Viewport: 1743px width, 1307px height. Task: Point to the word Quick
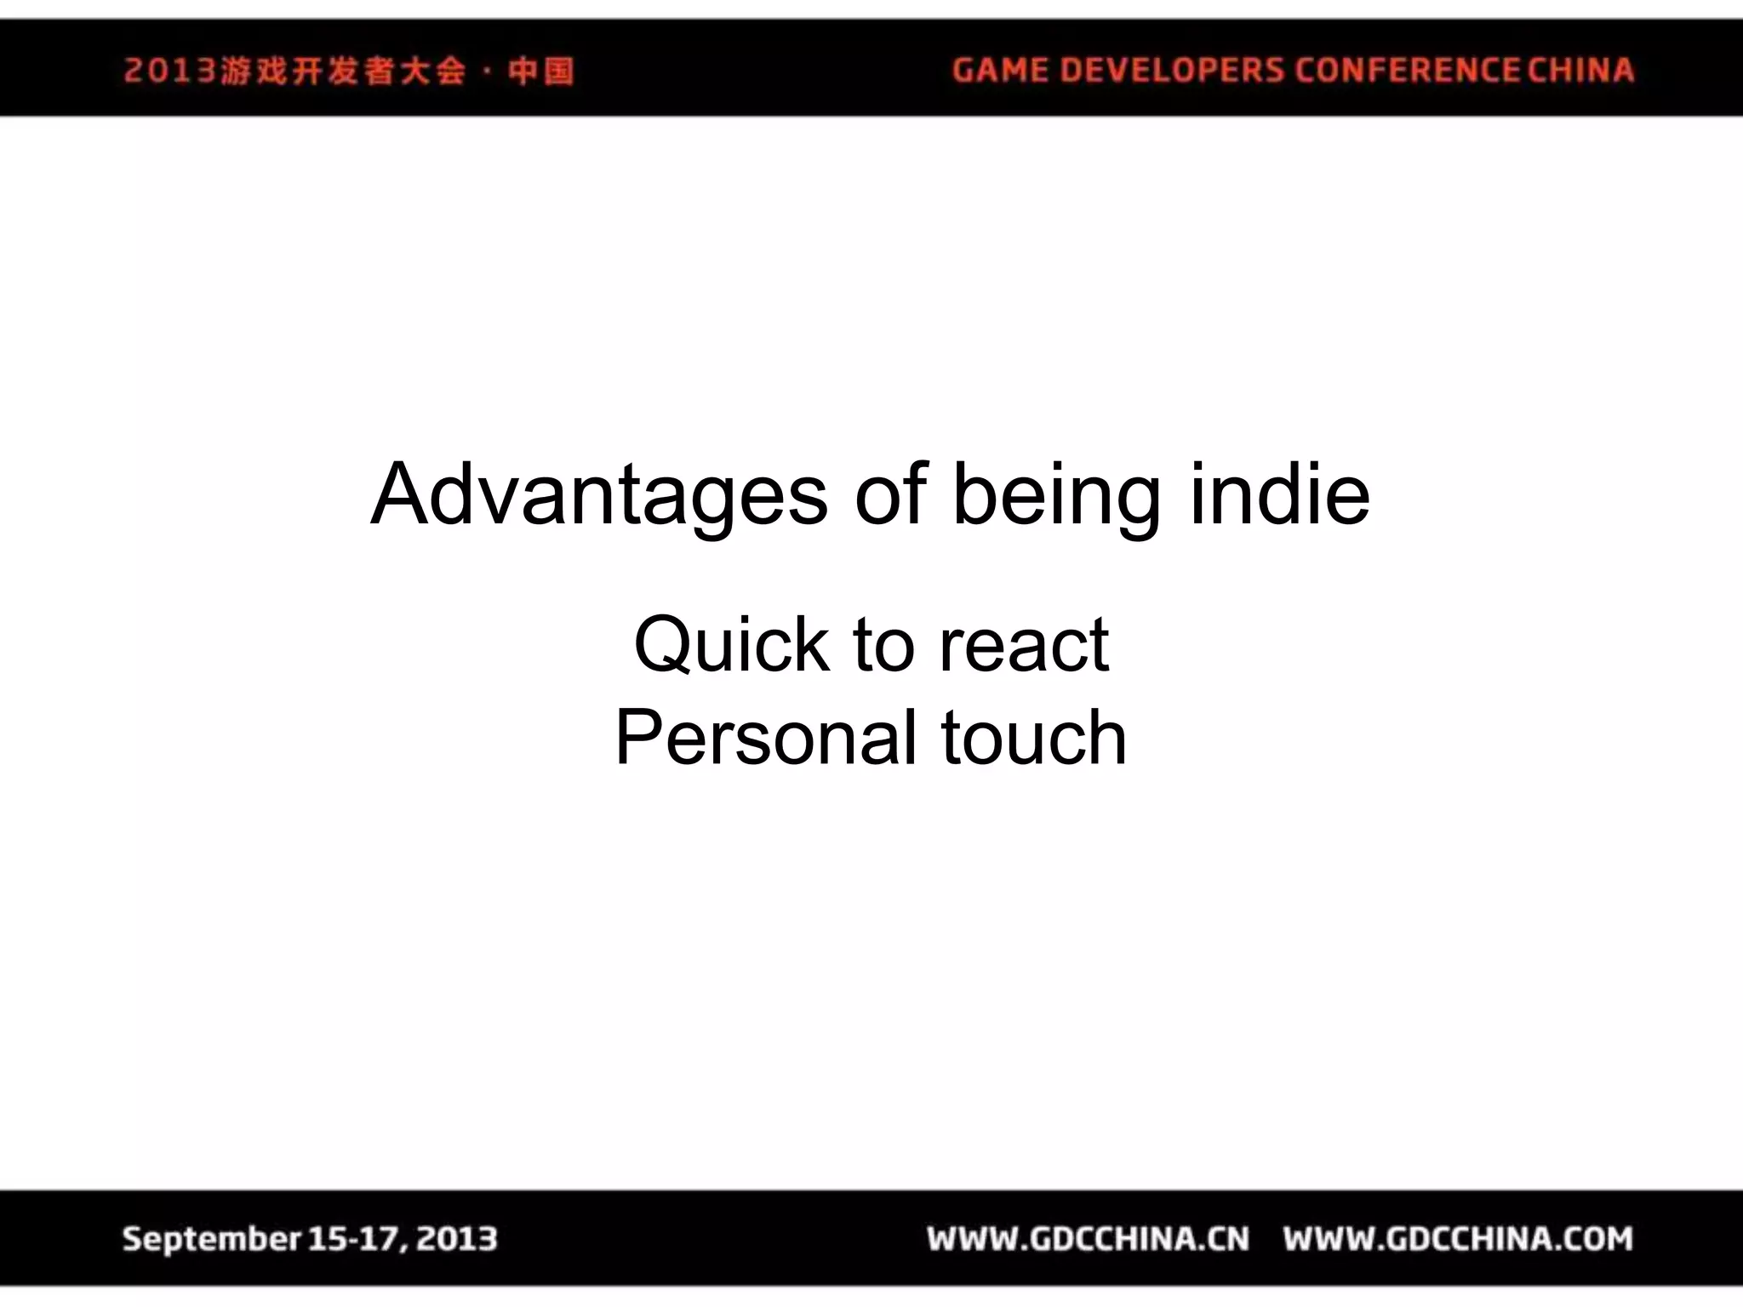[732, 645]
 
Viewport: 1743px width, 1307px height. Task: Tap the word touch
[1034, 738]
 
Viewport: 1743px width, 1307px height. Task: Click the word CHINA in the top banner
[1580, 70]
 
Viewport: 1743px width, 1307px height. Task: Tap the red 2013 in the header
[170, 71]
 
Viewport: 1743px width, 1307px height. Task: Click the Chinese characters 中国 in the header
[541, 71]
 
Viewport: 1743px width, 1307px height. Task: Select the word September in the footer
[211, 1239]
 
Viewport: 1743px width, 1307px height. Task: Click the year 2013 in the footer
[457, 1239]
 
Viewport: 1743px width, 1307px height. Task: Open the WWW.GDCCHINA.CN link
[1089, 1239]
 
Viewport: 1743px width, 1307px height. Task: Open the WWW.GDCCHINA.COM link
[1458, 1239]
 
